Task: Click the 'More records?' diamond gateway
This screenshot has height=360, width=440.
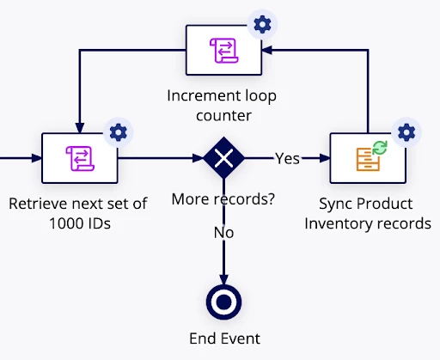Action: (223, 158)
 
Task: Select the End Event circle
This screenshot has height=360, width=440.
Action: (223, 302)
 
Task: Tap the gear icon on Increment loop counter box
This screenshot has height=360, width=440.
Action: (262, 24)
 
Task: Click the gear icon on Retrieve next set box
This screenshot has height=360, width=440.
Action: (119, 132)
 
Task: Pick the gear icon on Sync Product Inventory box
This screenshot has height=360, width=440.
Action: (406, 132)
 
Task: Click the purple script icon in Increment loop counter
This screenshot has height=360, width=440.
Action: (224, 51)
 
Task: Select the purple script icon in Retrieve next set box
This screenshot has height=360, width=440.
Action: (80, 158)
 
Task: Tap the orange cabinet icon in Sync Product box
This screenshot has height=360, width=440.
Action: (368, 159)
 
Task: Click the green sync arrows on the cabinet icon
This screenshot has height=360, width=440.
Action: (380, 148)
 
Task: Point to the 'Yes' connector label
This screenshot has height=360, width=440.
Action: (287, 158)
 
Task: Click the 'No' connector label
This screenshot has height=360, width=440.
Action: (223, 233)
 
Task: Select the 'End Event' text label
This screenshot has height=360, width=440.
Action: (224, 339)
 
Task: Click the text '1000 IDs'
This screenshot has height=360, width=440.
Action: (80, 223)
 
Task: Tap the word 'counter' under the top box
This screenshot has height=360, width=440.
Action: (223, 116)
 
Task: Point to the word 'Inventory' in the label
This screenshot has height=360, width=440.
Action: (335, 223)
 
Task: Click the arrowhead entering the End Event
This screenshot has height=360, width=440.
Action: (223, 280)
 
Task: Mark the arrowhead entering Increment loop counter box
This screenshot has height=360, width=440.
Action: (266, 50)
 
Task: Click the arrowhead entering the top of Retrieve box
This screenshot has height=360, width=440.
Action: (80, 128)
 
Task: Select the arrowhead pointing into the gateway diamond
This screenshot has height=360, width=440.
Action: (199, 158)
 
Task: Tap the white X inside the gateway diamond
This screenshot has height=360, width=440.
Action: (223, 158)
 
